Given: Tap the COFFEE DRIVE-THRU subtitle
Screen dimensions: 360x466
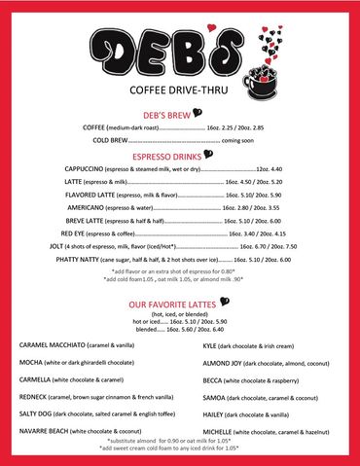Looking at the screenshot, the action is coord(179,93).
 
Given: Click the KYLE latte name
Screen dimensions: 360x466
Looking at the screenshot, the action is coord(211,345).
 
